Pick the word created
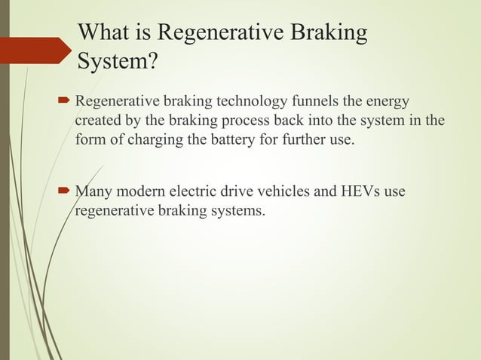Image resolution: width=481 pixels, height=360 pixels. (x=97, y=121)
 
